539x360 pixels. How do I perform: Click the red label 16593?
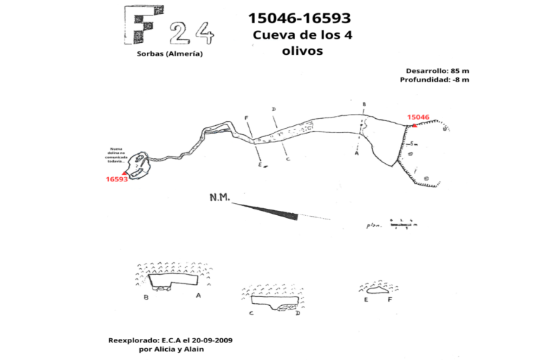pos(117,179)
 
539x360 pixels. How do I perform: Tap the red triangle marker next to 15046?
pos(414,125)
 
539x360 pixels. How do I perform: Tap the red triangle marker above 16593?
pos(125,172)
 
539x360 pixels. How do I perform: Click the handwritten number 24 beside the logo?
pos(192,32)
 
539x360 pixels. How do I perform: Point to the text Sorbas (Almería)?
pos(169,54)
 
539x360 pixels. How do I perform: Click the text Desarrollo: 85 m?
pos(437,71)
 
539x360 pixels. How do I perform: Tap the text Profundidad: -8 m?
pos(434,80)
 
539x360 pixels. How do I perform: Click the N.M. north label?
pos(220,198)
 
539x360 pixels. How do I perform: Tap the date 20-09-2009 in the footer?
pos(209,340)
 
